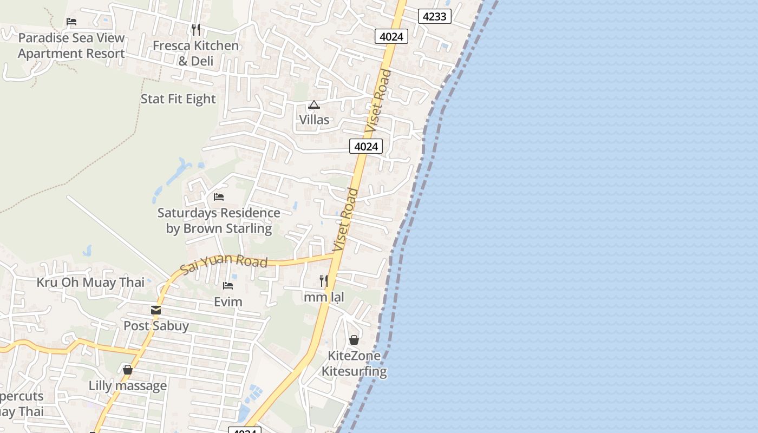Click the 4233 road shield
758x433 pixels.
(x=434, y=16)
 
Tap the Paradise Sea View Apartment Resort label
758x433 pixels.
(x=71, y=46)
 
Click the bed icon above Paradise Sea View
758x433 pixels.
(x=71, y=22)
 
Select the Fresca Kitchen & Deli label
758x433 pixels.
(x=195, y=53)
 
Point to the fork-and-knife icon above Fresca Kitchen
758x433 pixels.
(x=196, y=29)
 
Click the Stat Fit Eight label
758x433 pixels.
(x=178, y=99)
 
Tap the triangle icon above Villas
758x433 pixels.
(x=314, y=104)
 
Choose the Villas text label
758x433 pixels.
(x=314, y=120)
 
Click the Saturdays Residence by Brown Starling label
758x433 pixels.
(x=219, y=220)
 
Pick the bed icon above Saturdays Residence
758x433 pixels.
(x=219, y=197)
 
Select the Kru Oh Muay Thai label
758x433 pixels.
(x=90, y=282)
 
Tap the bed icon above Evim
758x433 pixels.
(x=228, y=286)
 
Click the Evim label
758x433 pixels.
(x=228, y=301)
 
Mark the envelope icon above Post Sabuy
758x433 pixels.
(x=156, y=310)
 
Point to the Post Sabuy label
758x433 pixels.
(x=156, y=326)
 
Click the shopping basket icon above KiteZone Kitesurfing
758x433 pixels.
(x=354, y=340)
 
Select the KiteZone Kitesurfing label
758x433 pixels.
(x=354, y=364)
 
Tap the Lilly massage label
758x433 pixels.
(x=128, y=386)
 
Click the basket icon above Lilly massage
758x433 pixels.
(x=128, y=370)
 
